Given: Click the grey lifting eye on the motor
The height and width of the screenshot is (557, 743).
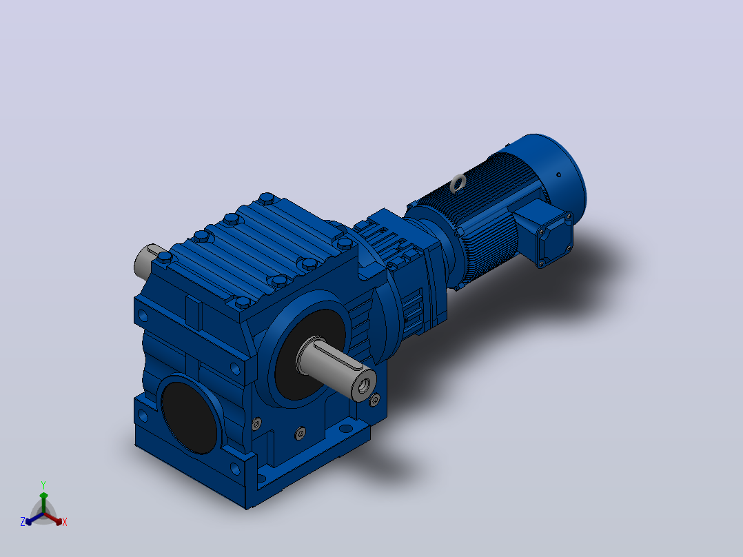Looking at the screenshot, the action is [x=458, y=183].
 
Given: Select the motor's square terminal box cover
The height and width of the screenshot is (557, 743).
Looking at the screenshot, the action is [x=554, y=241].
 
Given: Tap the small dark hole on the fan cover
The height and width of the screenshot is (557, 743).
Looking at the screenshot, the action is [x=559, y=175].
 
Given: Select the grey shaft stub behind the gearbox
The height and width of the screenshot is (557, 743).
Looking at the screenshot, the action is [x=148, y=261].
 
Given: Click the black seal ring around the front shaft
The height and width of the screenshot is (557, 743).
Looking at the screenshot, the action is [x=303, y=355].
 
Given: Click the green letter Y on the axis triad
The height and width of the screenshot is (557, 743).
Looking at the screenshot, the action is [x=43, y=485].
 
